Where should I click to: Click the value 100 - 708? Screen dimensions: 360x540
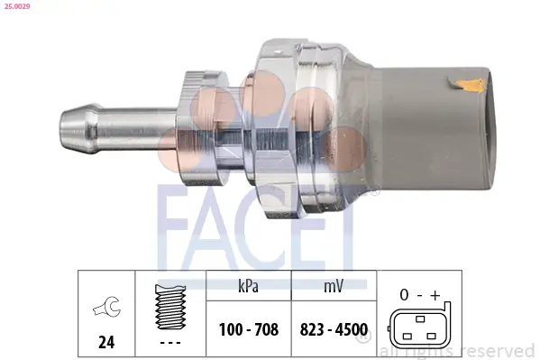click(249, 331)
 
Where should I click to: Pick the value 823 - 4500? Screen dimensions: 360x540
click(332, 331)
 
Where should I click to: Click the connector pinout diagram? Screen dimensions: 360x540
click(417, 329)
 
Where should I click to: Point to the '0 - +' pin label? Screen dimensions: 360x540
click(417, 295)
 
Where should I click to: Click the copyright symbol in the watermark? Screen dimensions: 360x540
click(363, 335)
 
